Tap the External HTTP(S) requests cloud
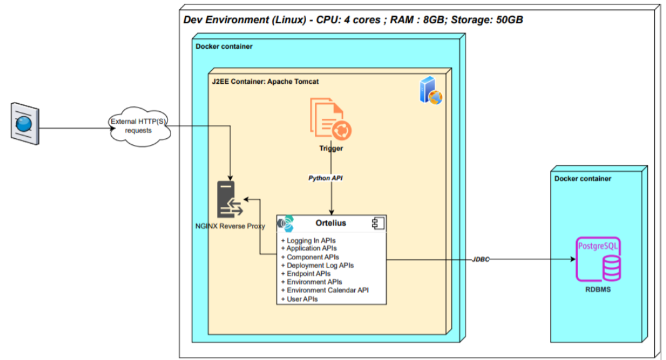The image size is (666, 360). point(139,126)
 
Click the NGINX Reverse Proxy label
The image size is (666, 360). point(230,226)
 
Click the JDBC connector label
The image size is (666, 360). point(481,259)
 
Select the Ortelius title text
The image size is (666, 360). point(331,223)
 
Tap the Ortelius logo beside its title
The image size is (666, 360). point(286,223)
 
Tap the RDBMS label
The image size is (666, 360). point(598,290)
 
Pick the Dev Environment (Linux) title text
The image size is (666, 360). point(353,19)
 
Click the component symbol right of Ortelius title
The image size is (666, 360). point(378,223)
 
